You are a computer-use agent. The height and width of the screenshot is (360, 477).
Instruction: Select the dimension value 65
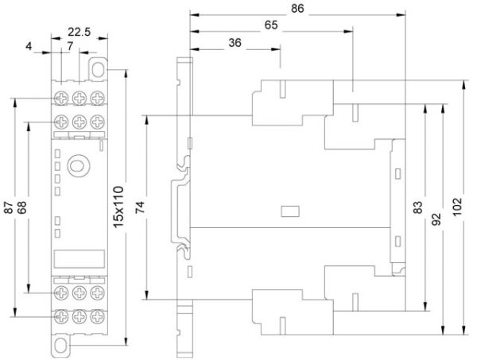[x=271, y=25]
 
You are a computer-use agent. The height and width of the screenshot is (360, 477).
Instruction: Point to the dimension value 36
[x=235, y=43]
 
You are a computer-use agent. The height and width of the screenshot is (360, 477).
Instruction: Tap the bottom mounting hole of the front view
[x=60, y=346]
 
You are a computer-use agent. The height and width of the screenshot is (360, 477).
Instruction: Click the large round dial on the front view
[x=78, y=166]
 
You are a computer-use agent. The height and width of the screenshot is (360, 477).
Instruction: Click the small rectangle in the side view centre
[x=290, y=211]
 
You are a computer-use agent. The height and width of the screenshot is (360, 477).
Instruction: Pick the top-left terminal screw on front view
[x=61, y=98]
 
